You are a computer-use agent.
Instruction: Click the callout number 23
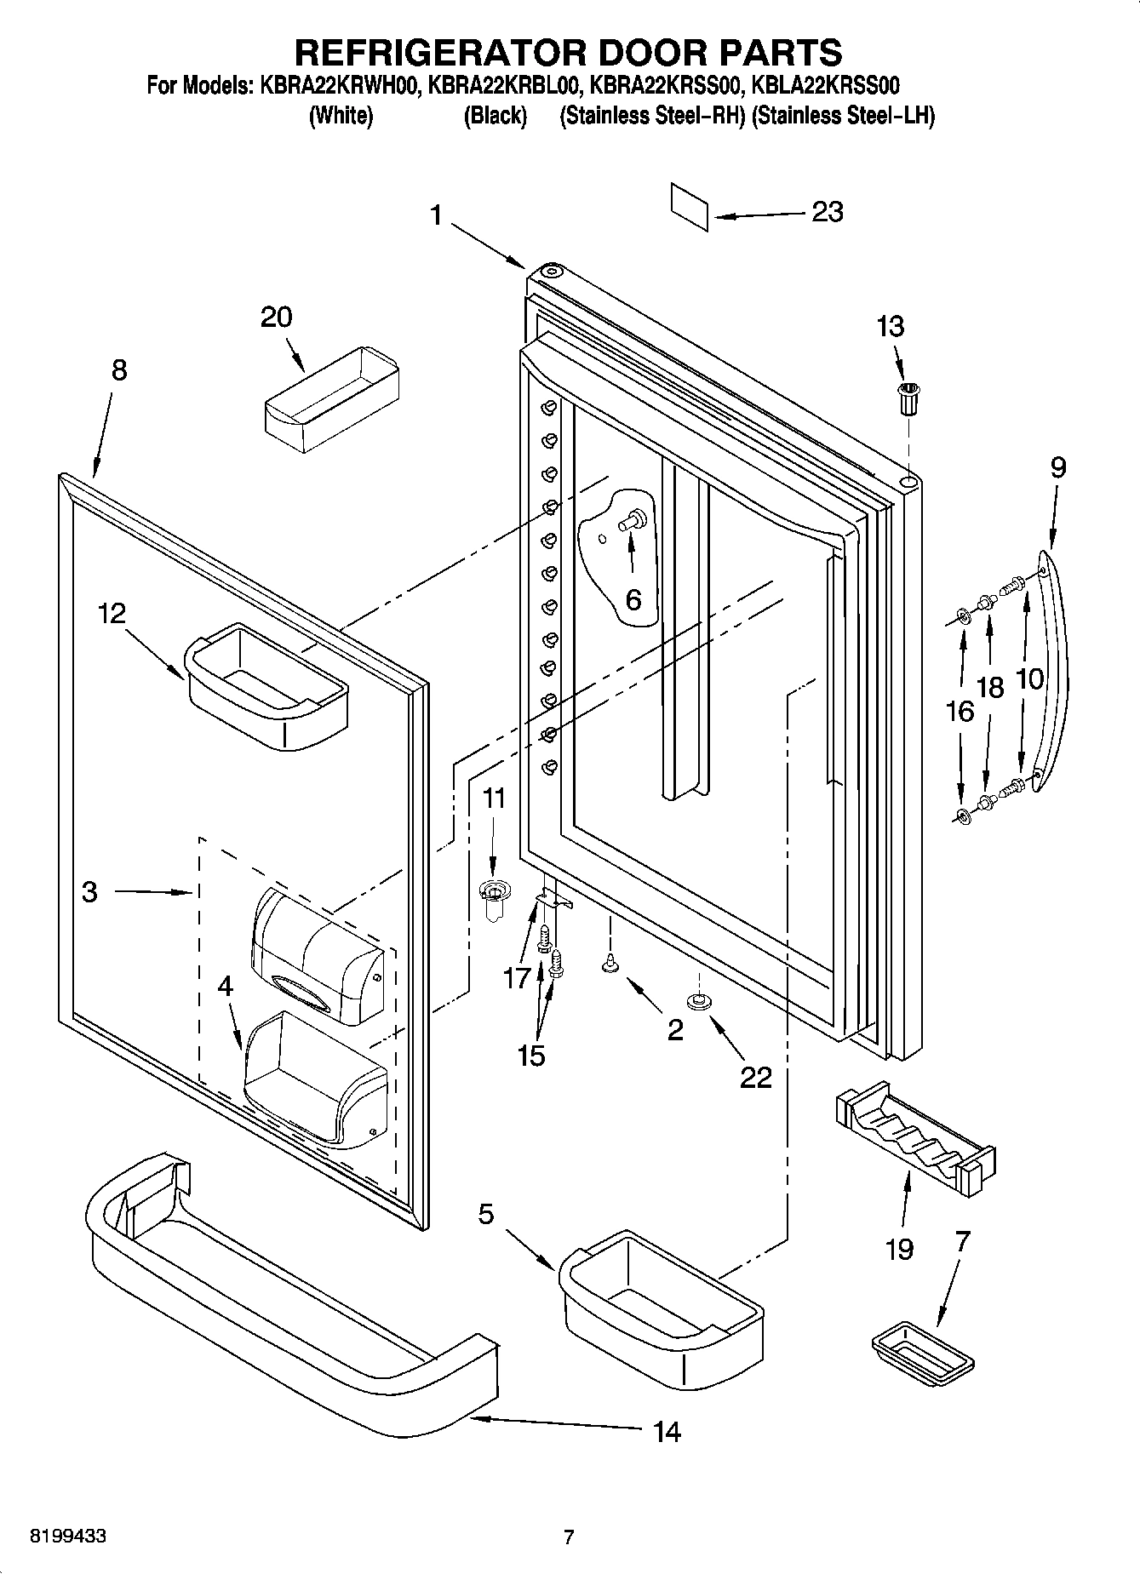tap(827, 211)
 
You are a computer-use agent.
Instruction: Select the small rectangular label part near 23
tap(690, 205)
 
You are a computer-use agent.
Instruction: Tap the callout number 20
tap(276, 317)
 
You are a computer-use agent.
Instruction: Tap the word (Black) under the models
tap(495, 116)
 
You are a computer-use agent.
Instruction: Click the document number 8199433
tap(68, 1537)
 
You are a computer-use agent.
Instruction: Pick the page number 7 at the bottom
tap(569, 1537)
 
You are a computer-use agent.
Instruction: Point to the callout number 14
tap(667, 1432)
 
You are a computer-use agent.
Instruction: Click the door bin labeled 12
tap(266, 686)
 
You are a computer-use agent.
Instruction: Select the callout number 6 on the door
tap(633, 599)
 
